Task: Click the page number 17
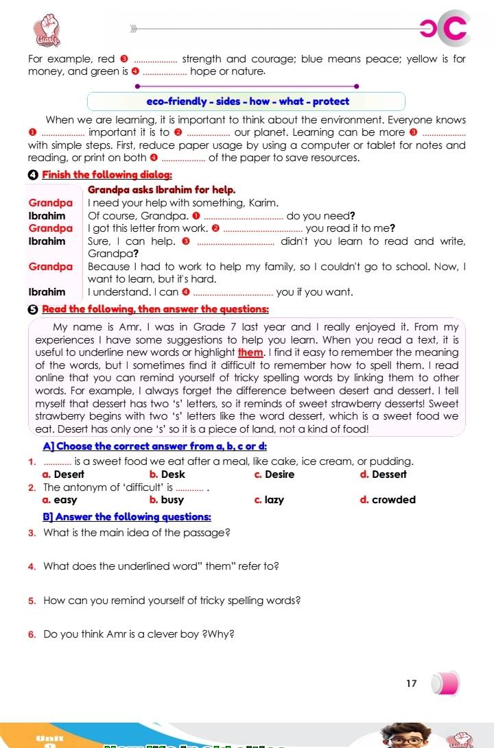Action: click(412, 684)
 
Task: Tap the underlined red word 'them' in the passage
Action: click(250, 352)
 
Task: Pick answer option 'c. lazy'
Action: click(269, 500)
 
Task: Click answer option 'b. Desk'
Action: click(167, 474)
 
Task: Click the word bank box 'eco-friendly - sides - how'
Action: click(247, 101)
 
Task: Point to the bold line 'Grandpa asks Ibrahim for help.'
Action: click(162, 189)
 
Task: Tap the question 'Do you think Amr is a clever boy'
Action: click(139, 634)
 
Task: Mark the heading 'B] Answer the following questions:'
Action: click(127, 516)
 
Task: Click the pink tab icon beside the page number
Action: click(445, 684)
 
